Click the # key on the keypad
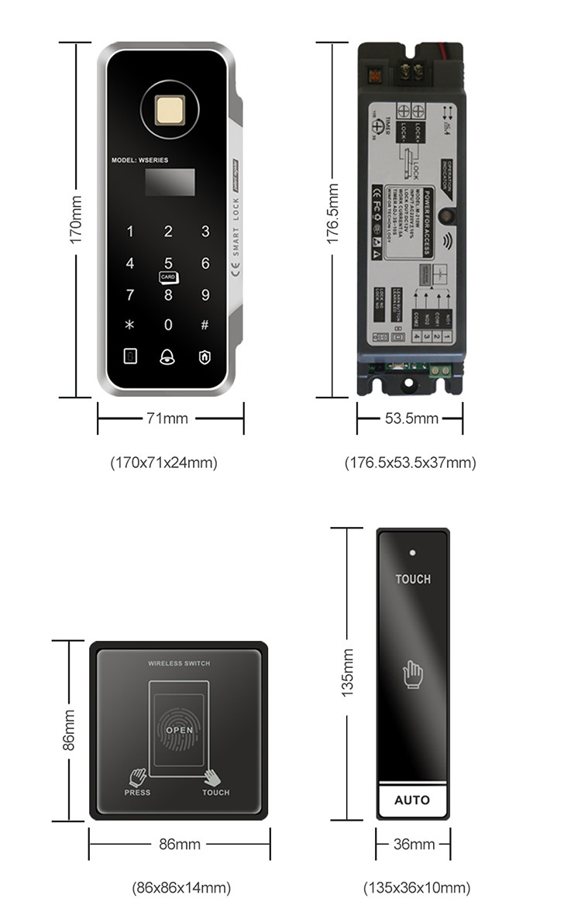pyautogui.click(x=205, y=325)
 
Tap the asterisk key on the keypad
pyautogui.click(x=130, y=325)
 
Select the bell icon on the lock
pyautogui.click(x=167, y=356)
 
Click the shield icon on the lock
pyautogui.click(x=205, y=356)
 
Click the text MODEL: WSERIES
pyautogui.click(x=139, y=160)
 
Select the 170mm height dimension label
pyautogui.click(x=77, y=221)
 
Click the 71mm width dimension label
pyautogui.click(x=167, y=418)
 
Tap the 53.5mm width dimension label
pyautogui.click(x=411, y=418)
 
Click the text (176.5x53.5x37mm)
pyautogui.click(x=410, y=463)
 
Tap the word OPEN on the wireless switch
pyautogui.click(x=180, y=730)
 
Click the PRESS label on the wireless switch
pyautogui.click(x=137, y=793)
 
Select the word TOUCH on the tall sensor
pyautogui.click(x=413, y=579)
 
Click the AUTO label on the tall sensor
pyautogui.click(x=412, y=800)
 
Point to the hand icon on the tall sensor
pyautogui.click(x=412, y=673)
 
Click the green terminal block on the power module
pyautogui.click(x=441, y=371)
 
